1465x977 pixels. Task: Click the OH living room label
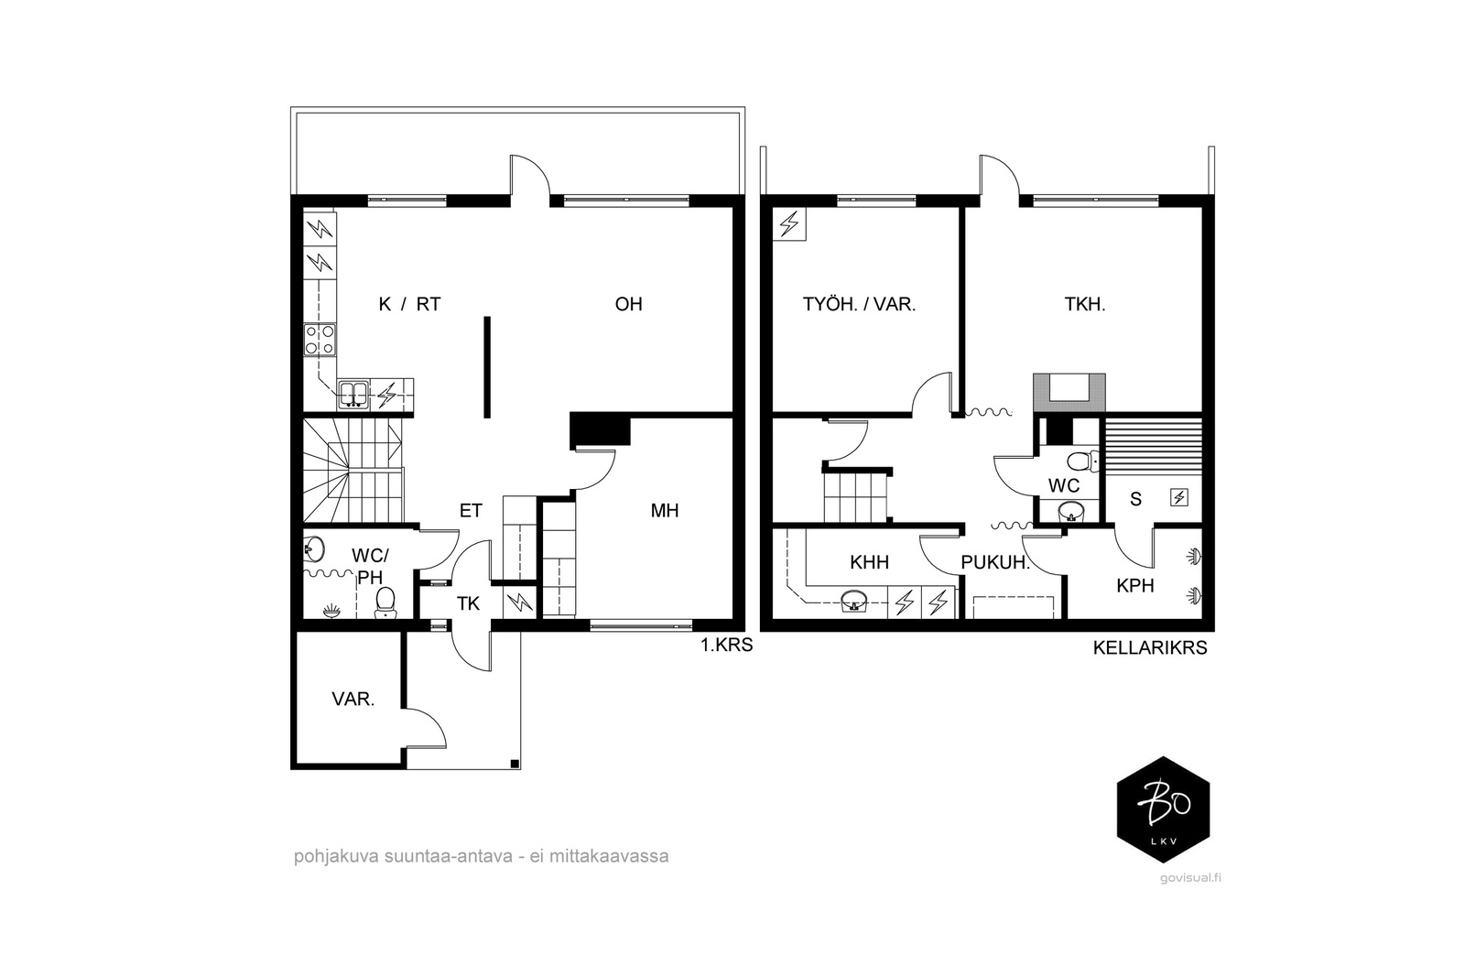628,304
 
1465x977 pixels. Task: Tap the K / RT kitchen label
409,304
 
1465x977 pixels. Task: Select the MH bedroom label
665,511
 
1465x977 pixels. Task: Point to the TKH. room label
1085,304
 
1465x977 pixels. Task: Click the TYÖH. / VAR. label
860,304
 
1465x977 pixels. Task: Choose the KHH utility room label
869,562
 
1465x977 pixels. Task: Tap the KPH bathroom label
1134,586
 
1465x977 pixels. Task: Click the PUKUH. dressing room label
995,562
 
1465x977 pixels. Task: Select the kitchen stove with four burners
320,340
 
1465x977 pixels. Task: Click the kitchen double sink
353,395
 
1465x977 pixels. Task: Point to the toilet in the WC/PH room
385,602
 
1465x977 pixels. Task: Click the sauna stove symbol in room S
1179,498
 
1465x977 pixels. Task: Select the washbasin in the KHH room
853,601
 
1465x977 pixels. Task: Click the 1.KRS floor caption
727,646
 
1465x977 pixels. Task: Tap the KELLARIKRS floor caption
1150,648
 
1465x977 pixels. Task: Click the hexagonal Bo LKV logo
1163,809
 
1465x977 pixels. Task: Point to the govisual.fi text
1190,878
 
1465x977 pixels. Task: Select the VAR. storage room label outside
353,700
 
